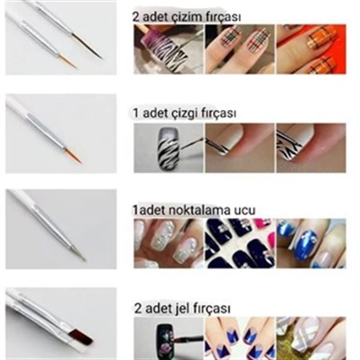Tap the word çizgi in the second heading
pyautogui.click(x=185, y=113)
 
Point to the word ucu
pyautogui.click(x=245, y=211)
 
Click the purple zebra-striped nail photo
pyautogui.click(x=168, y=49)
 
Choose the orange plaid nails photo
pyautogui.click(x=311, y=49)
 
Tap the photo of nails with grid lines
pyautogui.click(x=239, y=49)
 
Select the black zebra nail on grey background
pyautogui.click(x=168, y=148)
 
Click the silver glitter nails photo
pyautogui.click(x=168, y=244)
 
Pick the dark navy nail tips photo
pyautogui.click(x=239, y=244)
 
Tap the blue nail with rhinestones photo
pyautogui.click(x=311, y=244)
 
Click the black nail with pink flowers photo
pyautogui.click(x=168, y=338)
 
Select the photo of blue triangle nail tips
pyautogui.click(x=239, y=338)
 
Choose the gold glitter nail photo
pyautogui.click(x=311, y=338)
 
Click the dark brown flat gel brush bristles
pyautogui.click(x=82, y=337)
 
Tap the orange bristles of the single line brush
pyautogui.click(x=73, y=155)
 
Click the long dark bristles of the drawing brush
pyautogui.click(x=87, y=46)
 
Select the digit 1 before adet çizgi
pyautogui.click(x=136, y=113)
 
